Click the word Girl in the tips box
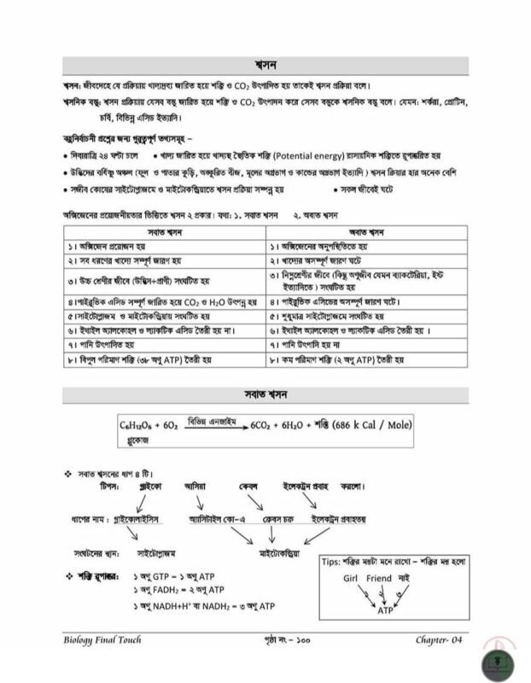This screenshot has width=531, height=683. [342, 578]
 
